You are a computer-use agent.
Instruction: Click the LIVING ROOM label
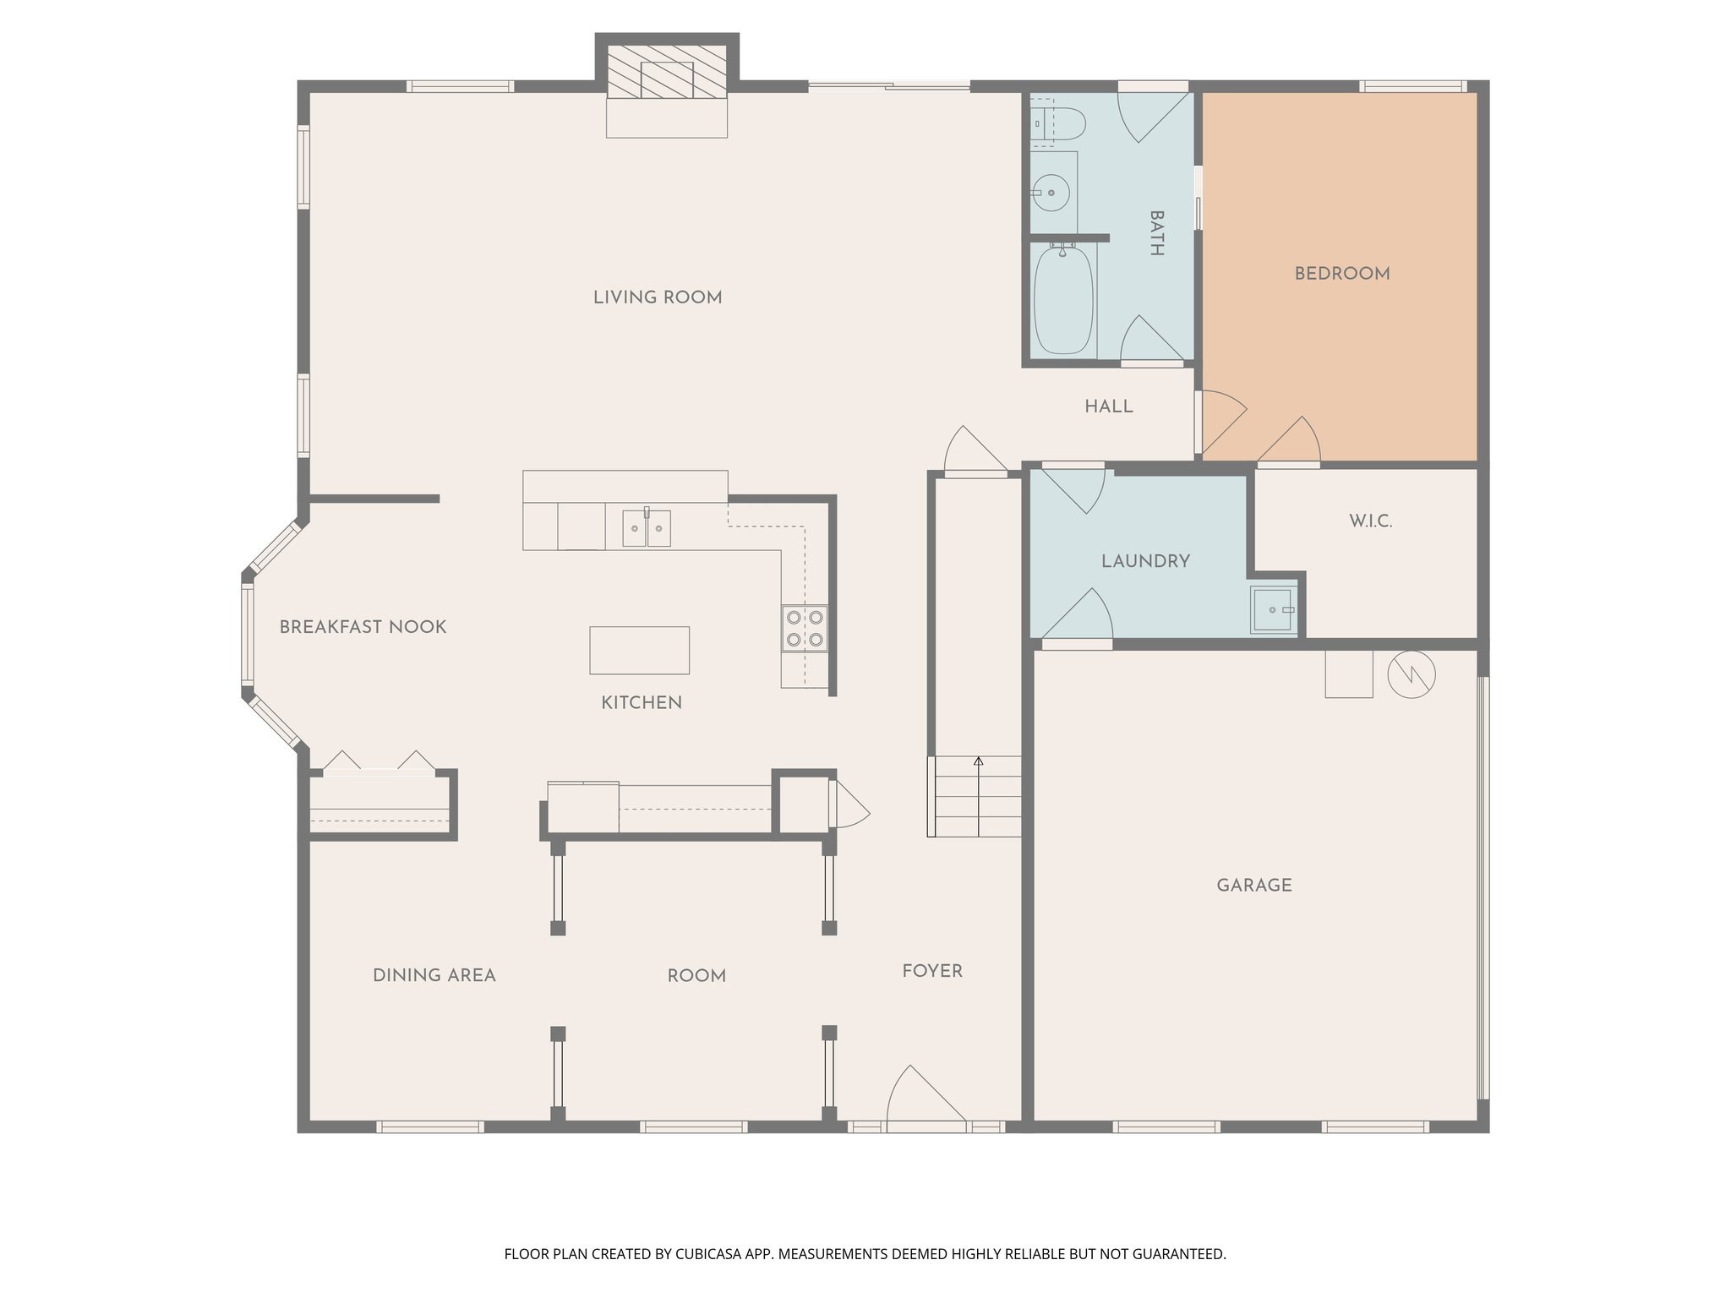(658, 297)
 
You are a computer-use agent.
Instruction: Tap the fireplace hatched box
(667, 72)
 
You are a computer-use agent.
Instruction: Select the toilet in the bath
(1057, 123)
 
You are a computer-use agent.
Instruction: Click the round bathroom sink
(1052, 193)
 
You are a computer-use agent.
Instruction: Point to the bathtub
(1063, 301)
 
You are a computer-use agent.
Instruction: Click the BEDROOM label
(1342, 274)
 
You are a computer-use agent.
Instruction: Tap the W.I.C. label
(1370, 521)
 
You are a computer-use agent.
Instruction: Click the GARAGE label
(1254, 886)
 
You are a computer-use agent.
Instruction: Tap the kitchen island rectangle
(639, 650)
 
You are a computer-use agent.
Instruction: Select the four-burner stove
(804, 628)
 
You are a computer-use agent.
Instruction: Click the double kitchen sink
(647, 528)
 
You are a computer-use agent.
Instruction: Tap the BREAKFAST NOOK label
(363, 627)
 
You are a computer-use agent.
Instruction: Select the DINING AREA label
(434, 976)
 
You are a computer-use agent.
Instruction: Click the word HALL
(1109, 407)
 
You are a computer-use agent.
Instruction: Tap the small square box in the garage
(1348, 674)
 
